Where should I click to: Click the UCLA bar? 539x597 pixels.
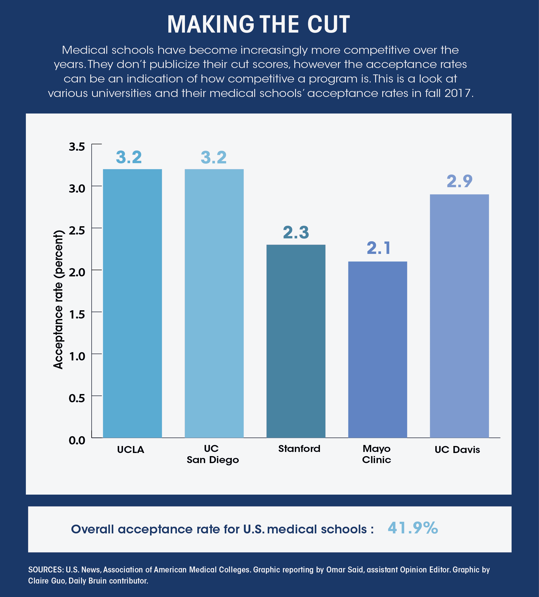132,303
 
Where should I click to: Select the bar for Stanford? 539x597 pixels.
296,341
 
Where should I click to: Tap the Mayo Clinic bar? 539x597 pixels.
378,349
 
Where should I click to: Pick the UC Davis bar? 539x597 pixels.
459,316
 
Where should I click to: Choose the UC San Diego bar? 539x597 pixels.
214,303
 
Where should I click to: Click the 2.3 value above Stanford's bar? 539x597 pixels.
296,232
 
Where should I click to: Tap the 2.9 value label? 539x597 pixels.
459,182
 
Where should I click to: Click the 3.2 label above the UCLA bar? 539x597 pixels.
129,157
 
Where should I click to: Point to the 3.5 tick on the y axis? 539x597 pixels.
77,147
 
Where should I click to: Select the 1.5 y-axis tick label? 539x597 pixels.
77,314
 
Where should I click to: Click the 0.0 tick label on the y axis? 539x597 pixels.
77,440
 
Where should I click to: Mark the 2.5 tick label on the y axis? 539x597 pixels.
77,231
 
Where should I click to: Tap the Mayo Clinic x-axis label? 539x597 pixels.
377,454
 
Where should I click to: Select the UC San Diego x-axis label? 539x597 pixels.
213,454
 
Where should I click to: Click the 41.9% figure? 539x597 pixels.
413,527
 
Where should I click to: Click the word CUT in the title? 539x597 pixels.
328,24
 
